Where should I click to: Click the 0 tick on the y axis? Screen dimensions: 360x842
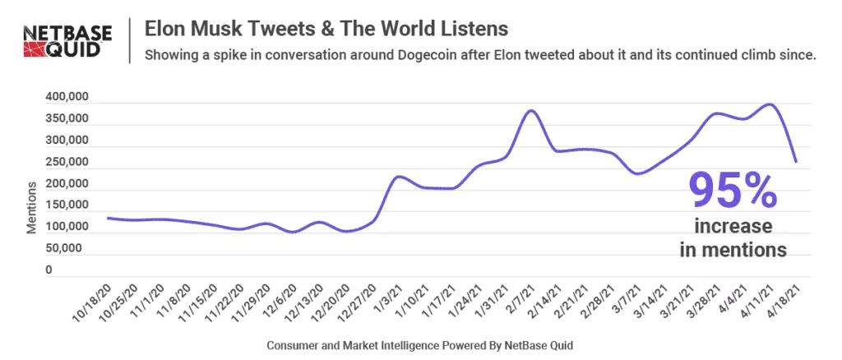[49, 269]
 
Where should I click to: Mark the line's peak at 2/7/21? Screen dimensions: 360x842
[532, 110]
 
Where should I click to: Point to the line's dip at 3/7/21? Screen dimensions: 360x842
[637, 173]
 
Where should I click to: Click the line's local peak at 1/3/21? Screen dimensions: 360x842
[399, 177]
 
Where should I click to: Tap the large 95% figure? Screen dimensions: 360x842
[733, 189]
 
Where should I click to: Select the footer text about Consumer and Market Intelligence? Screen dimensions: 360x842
[419, 346]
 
